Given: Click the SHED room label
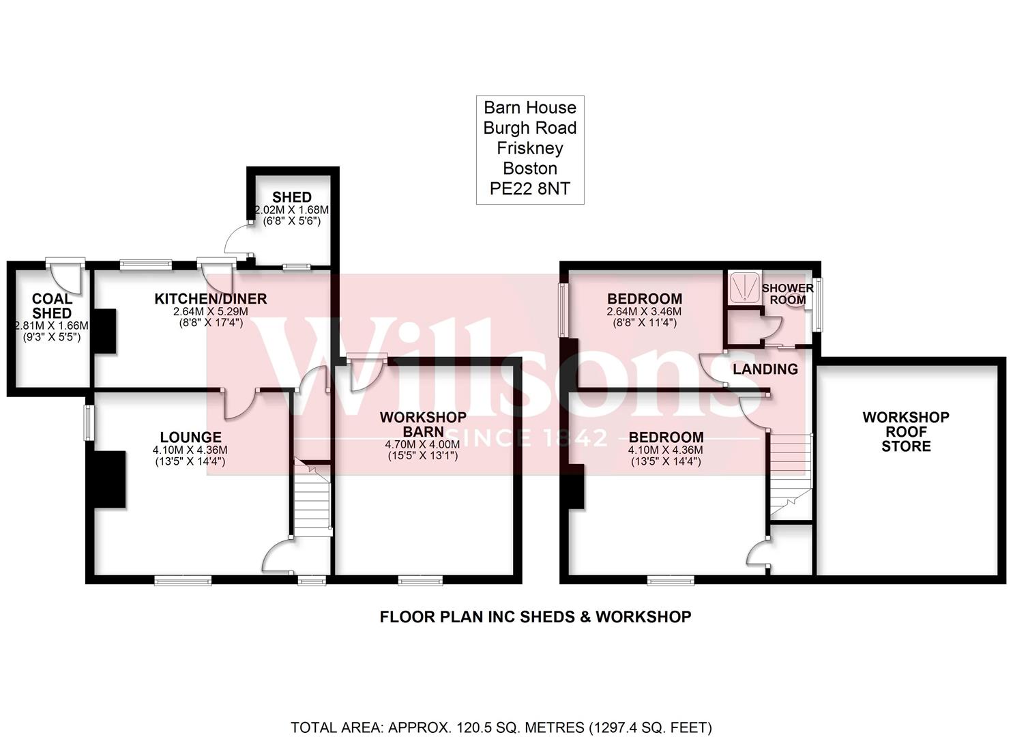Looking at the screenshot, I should click(x=292, y=197).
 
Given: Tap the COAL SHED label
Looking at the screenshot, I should click(x=52, y=306).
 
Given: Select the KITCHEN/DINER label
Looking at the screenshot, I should click(x=210, y=299).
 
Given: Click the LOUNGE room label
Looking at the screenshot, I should click(x=190, y=437).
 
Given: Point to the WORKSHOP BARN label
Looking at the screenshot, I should click(x=423, y=424).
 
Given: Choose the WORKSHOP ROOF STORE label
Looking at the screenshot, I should click(x=905, y=431).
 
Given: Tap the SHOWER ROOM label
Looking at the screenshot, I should click(x=787, y=293).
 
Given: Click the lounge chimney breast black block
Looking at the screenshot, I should click(x=109, y=479).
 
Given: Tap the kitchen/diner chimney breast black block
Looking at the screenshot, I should click(x=104, y=331).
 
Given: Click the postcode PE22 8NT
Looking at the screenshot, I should click(x=529, y=189).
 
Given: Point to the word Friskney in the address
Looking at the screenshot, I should click(x=529, y=148).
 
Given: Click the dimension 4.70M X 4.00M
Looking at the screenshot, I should click(x=423, y=444).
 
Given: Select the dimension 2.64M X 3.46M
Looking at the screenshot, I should click(x=644, y=312).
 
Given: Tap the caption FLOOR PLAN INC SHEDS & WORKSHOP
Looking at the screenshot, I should click(x=535, y=617).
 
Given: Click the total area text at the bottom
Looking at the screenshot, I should click(x=501, y=727).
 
